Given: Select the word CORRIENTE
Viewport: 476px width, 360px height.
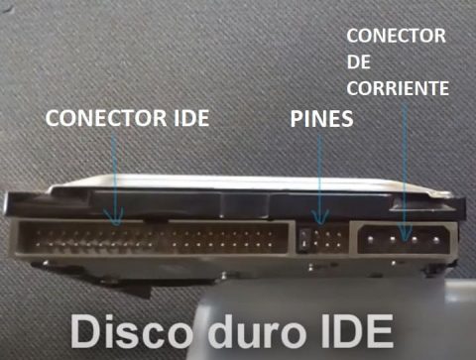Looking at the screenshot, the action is tap(398, 88).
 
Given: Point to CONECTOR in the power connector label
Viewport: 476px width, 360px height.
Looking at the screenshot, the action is tap(395, 37).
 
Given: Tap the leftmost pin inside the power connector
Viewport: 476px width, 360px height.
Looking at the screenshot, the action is tap(376, 238).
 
